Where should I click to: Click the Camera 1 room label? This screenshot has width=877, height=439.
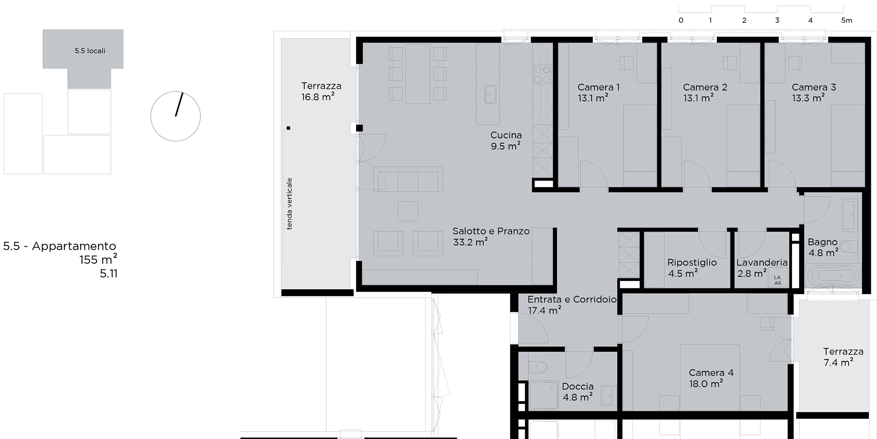pos(599,87)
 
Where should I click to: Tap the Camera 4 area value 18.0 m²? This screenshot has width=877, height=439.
pos(706,384)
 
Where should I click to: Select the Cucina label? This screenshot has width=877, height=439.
pos(506,135)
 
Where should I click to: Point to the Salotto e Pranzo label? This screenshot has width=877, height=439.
pos(491,231)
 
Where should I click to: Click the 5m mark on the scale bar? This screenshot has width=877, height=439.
pos(846,20)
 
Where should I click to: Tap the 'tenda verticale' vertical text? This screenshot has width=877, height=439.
pos(289,204)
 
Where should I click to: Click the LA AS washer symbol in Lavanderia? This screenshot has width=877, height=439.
pos(777,280)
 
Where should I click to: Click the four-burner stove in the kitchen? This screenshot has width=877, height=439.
pos(542,74)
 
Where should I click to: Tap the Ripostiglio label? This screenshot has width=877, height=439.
pos(692,263)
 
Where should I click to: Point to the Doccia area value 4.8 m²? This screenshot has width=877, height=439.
pos(578,397)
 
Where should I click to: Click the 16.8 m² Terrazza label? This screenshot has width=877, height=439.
pos(318,97)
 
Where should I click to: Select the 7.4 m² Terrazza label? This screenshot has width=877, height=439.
pos(838,362)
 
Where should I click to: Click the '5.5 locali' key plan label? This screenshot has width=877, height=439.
pos(90,51)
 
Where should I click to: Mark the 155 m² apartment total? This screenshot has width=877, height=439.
pos(98,259)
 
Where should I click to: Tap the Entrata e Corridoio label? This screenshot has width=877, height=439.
pos(572,299)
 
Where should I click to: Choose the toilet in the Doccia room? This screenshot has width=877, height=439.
pos(538,367)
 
